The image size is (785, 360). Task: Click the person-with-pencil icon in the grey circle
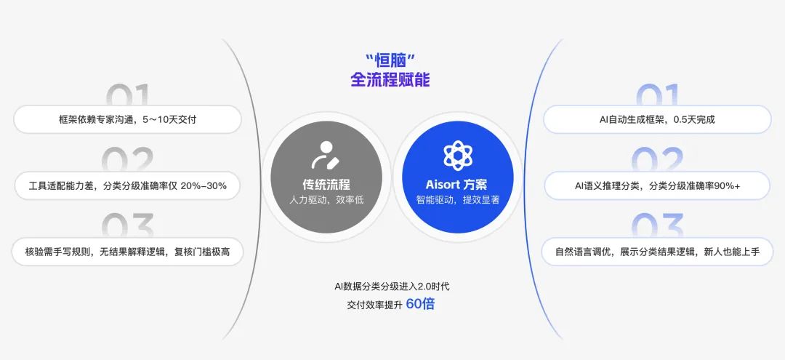[326, 155]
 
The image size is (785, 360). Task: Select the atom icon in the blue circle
[458, 155]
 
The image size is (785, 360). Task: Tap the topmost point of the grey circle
[326, 121]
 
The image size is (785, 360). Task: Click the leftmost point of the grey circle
[270, 177]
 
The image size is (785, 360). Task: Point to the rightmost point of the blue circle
[514, 177]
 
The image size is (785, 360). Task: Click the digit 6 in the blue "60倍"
[410, 304]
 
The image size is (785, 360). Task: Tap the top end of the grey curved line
[222, 39]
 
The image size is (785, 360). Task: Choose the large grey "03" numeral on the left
[128, 225]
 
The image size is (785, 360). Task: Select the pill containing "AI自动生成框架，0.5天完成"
[657, 119]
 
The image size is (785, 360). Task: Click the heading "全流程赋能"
[390, 79]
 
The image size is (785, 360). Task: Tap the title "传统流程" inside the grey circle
[326, 184]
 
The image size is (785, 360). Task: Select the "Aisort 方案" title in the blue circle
[456, 184]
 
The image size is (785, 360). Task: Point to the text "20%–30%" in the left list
[204, 185]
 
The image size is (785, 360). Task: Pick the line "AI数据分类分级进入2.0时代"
[392, 287]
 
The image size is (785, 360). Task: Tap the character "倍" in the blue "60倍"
[428, 304]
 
